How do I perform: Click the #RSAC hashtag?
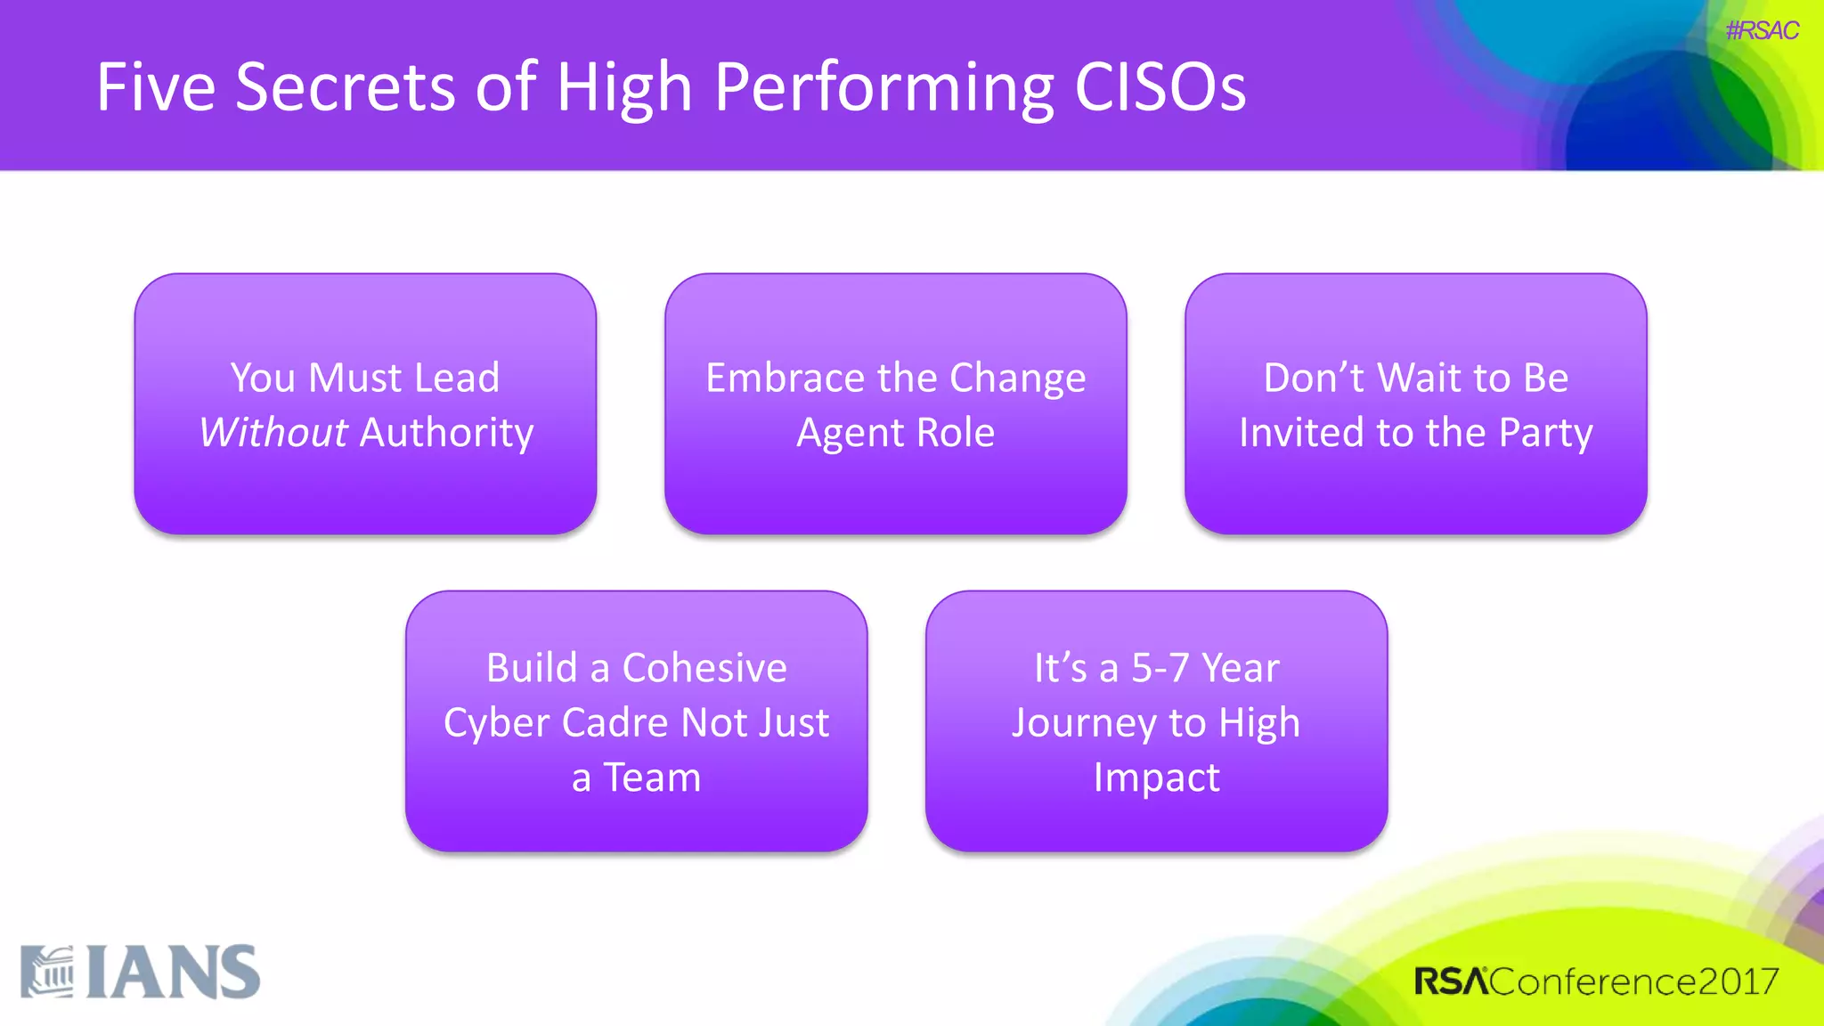(1761, 31)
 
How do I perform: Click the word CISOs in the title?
(1160, 87)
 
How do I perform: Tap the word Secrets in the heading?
(345, 87)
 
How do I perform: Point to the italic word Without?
(273, 433)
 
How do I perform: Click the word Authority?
(446, 433)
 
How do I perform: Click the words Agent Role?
(895, 433)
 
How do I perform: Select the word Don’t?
(1314, 378)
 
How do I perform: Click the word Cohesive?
(704, 668)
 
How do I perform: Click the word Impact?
(1156, 778)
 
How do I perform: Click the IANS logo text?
(174, 973)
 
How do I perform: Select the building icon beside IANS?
(48, 973)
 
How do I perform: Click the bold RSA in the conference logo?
(1451, 981)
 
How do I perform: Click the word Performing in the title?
(883, 87)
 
